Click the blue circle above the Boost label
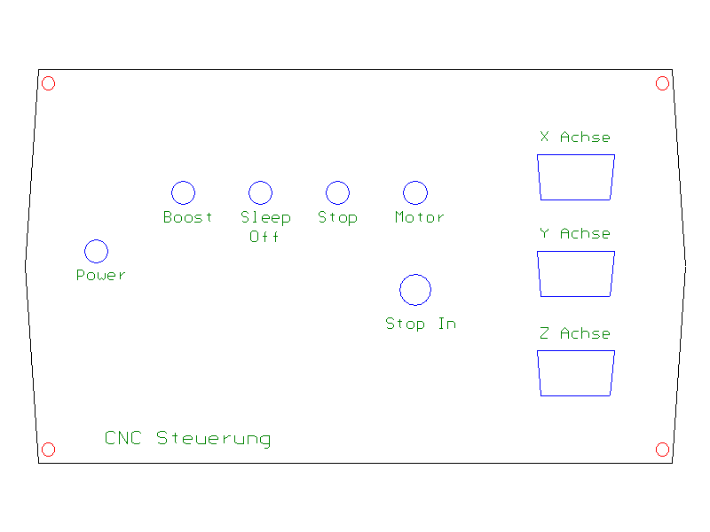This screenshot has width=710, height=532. coord(183,192)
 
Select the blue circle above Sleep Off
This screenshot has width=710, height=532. coord(260,192)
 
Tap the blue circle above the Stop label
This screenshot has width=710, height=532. coord(337,192)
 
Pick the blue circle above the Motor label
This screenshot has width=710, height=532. coord(415,192)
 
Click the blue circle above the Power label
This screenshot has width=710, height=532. coord(96,251)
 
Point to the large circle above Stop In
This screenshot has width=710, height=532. coord(415,290)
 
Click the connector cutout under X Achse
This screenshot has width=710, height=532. coord(575,176)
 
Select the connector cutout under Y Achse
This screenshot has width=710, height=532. coord(575,274)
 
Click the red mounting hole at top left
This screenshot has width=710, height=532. coord(49,83)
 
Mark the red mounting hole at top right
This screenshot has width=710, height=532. coord(662,83)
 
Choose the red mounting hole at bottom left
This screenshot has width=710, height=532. coord(49,450)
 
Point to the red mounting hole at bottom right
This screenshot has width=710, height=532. coord(662,450)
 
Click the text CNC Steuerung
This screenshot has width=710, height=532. coord(188,438)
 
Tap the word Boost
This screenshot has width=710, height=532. coord(188,217)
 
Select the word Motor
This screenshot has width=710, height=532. coord(420,217)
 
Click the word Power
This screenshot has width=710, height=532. coord(101,275)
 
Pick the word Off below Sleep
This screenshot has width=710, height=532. coord(264,237)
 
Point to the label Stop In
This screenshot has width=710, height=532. coord(421,324)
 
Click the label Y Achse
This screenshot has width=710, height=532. coord(575,233)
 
